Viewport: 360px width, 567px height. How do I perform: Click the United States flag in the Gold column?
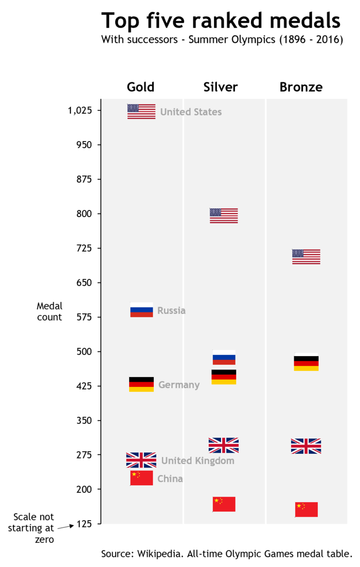141,111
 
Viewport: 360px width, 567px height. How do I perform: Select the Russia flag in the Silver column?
224,358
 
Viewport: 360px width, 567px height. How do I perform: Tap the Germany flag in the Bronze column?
306,363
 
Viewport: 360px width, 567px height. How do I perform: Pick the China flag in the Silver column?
224,504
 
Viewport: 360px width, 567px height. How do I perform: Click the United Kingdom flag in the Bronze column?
306,446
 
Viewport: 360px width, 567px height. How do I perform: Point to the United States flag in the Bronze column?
306,256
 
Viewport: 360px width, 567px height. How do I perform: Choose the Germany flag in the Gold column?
141,384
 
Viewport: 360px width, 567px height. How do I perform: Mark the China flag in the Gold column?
141,478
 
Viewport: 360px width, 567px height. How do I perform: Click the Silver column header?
221,87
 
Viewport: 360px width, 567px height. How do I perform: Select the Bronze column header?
301,87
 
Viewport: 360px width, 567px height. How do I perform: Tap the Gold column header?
140,87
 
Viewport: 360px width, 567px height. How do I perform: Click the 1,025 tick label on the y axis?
80,111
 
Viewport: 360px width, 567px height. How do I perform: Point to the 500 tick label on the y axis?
84,351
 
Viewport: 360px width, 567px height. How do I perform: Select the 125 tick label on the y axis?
84,524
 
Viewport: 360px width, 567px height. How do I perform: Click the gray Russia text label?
171,311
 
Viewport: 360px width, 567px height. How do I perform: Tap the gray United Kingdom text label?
197,461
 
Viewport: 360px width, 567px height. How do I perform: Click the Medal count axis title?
49,312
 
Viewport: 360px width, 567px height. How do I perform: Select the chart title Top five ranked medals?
221,21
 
